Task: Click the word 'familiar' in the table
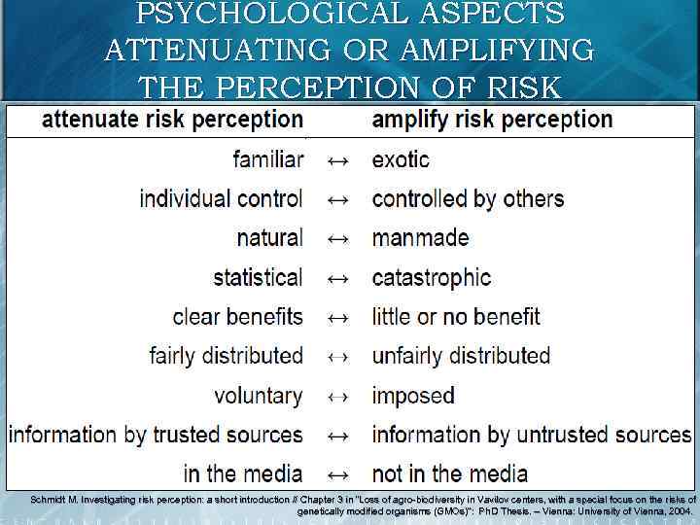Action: [268, 159]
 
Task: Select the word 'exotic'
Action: [401, 159]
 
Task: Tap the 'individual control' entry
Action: [221, 199]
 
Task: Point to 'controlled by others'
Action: [468, 199]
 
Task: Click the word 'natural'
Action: [269, 238]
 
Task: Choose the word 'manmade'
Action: [420, 238]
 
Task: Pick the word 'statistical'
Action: [258, 278]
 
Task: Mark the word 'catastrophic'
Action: [432, 278]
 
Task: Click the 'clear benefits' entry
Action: [237, 317]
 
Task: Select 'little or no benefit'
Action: [456, 317]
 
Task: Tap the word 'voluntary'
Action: [258, 396]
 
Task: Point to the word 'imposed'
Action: [413, 396]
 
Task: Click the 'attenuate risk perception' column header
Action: [172, 120]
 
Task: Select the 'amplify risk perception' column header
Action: [492, 120]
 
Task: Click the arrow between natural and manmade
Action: [337, 238]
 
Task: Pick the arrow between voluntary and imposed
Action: [337, 396]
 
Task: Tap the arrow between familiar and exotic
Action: [337, 159]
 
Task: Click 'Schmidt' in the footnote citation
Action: [48, 500]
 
